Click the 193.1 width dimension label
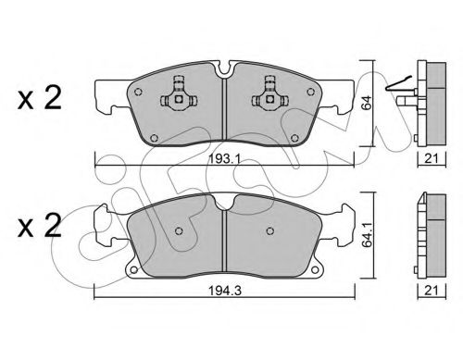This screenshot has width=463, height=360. tap(224, 159)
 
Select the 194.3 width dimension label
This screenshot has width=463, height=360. tap(225, 291)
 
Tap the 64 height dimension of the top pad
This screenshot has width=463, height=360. tap(367, 103)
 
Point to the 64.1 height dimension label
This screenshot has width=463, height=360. tap(367, 235)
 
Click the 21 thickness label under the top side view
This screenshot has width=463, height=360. tap(432, 158)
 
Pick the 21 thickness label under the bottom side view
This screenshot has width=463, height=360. tap(432, 291)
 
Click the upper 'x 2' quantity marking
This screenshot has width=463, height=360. tap(40, 98)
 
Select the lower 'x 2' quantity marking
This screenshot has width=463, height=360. tap(40, 226)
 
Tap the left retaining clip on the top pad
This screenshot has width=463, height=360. tap(178, 94)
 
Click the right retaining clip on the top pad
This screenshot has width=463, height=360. tap(270, 94)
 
